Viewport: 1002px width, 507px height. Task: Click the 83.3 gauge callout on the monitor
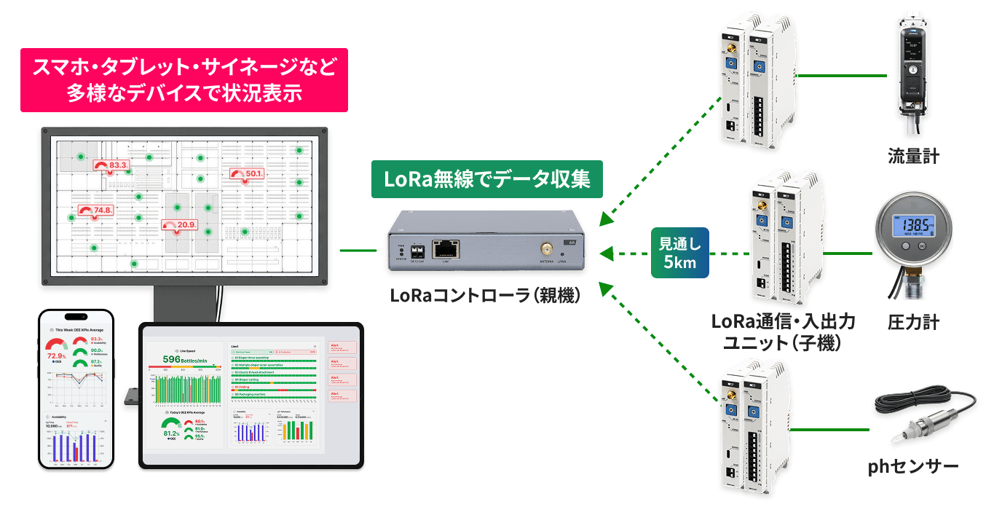click(111, 165)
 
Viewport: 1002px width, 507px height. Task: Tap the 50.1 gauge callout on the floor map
click(247, 174)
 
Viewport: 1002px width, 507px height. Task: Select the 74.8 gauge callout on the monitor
click(95, 211)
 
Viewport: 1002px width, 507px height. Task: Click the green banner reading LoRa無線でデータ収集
click(487, 179)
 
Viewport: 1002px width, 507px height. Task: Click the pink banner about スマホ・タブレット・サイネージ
click(184, 80)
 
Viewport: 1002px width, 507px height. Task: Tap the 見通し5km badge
click(679, 253)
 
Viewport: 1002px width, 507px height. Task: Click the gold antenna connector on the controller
click(545, 248)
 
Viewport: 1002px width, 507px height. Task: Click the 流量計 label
click(913, 156)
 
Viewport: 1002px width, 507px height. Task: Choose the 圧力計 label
click(913, 321)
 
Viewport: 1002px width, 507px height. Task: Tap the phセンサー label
click(913, 466)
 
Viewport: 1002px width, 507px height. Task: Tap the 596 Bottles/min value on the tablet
click(184, 360)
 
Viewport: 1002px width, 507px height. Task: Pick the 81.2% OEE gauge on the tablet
click(173, 431)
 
